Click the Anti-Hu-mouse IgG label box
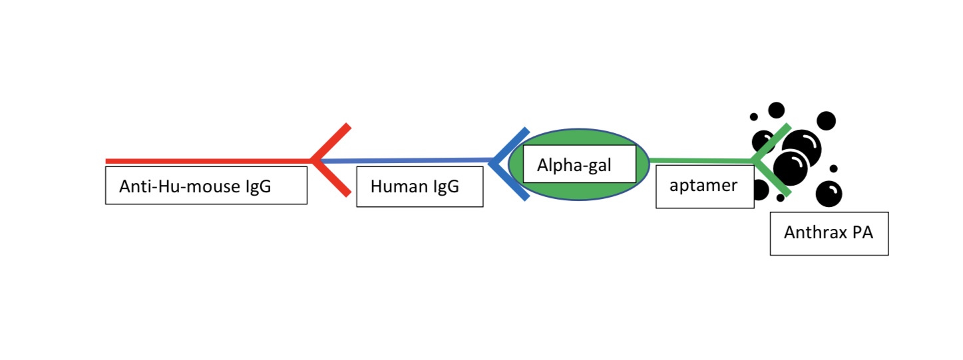(206, 185)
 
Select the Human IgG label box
(419, 187)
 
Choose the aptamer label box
(704, 186)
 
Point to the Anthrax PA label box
(829, 233)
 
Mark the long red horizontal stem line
(206, 161)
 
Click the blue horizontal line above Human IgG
(406, 160)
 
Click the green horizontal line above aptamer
(699, 160)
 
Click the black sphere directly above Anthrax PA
(829, 194)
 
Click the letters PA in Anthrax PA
(859, 233)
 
